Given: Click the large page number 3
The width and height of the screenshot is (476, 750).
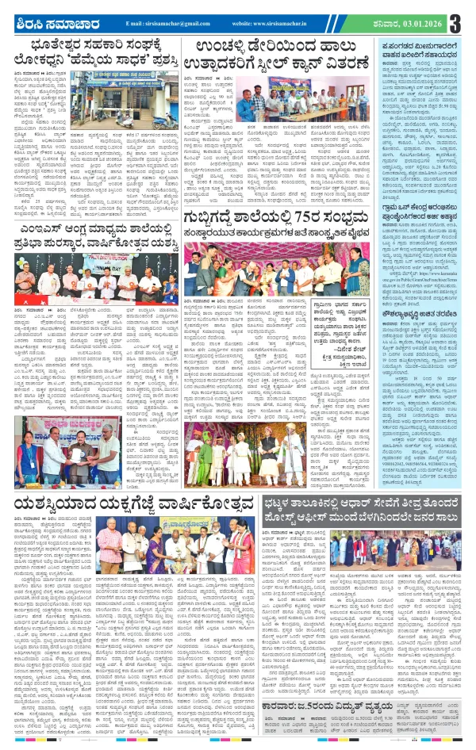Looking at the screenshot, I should pos(459,22).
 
